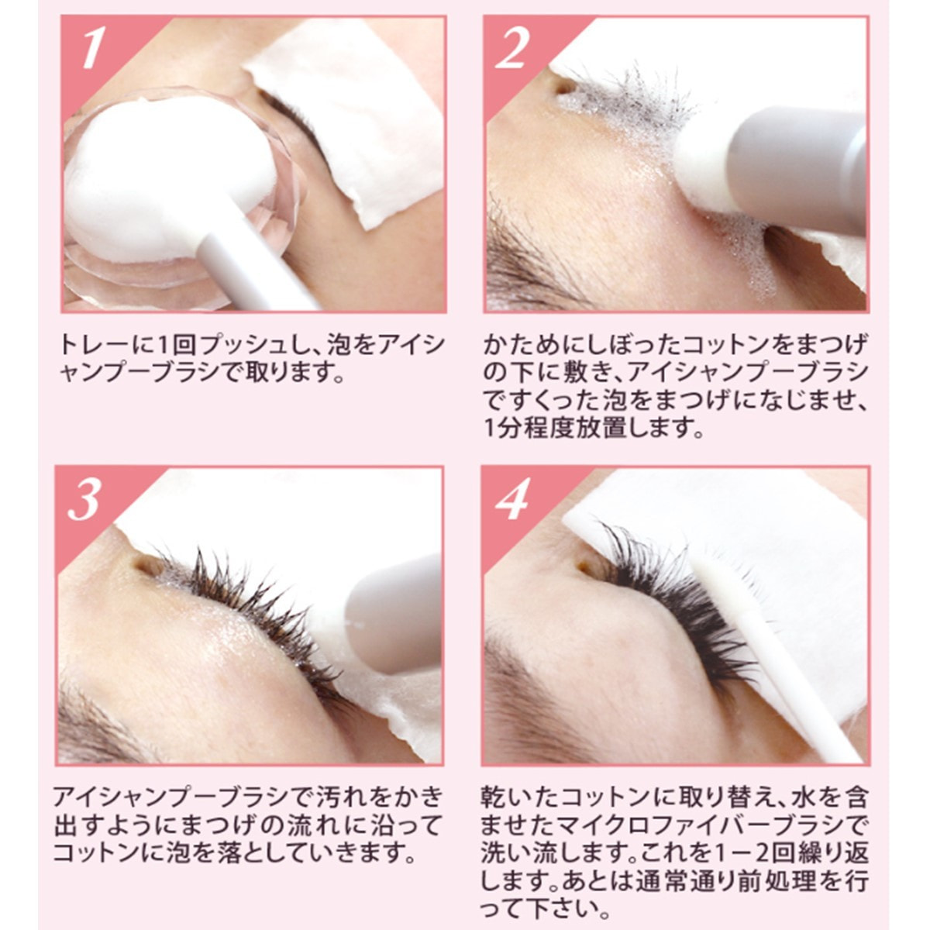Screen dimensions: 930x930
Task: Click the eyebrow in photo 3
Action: [x=97, y=724]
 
